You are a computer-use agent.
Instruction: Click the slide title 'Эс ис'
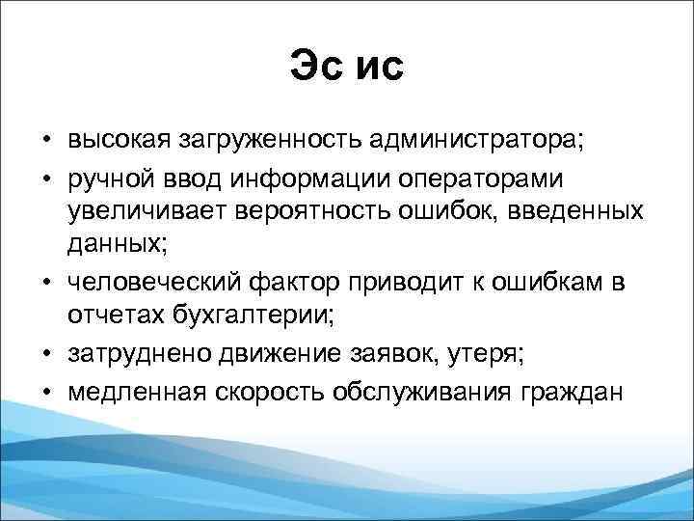click(347, 69)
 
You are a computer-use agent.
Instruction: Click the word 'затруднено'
click(133, 353)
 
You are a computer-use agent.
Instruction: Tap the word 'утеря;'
click(487, 353)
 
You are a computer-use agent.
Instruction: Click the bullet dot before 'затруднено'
click(46, 354)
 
